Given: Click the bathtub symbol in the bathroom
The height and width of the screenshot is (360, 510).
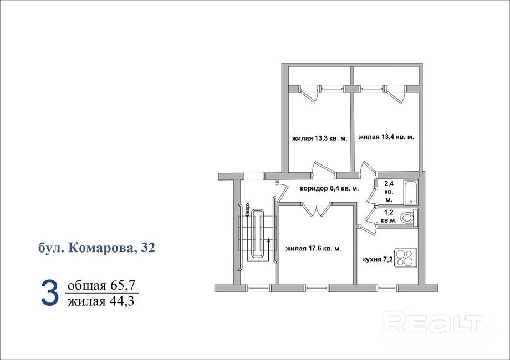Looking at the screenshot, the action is (x=411, y=192).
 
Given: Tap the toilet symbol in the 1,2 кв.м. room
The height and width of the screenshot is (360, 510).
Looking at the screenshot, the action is (x=408, y=217).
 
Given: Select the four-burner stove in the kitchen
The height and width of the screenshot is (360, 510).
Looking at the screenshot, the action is (x=406, y=258).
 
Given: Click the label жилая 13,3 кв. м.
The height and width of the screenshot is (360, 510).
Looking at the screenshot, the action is (x=320, y=138).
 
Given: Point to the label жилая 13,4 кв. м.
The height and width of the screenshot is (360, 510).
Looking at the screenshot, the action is (x=386, y=137).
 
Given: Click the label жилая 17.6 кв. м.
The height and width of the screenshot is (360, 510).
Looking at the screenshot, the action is (x=314, y=249).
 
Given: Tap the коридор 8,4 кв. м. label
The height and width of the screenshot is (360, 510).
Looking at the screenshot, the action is (x=329, y=188).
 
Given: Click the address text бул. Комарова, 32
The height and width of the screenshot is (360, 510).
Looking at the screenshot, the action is (x=96, y=248).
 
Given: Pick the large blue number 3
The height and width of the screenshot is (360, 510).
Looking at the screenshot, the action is (x=50, y=294).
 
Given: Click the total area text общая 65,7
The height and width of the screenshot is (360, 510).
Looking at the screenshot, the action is (x=101, y=286).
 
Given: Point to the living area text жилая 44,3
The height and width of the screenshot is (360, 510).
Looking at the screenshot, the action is (x=101, y=301).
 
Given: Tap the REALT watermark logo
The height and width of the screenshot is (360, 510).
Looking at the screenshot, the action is (x=433, y=322).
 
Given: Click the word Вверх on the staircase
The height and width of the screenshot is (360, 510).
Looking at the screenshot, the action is (x=248, y=209).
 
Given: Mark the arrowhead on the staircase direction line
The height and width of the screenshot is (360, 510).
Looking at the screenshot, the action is (x=269, y=240).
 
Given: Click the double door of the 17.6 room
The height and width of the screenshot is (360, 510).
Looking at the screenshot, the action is (x=316, y=209).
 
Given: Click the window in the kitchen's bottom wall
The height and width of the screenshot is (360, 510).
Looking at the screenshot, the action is (x=389, y=288).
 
